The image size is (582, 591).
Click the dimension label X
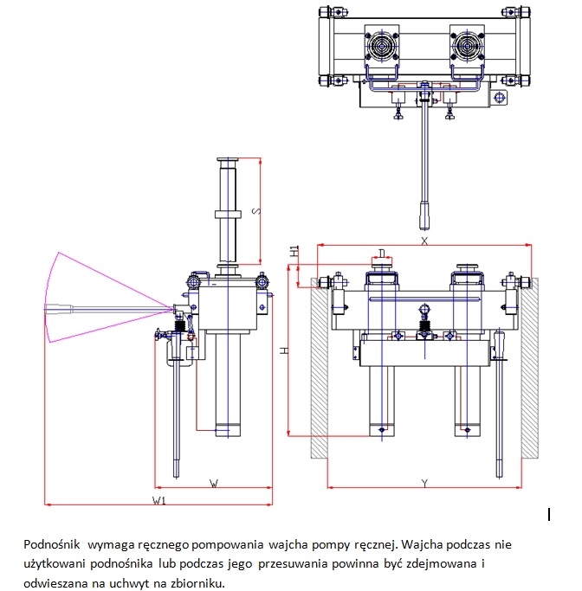point(424,241)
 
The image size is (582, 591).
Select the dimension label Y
point(424,480)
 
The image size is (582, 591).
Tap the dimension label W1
point(159,500)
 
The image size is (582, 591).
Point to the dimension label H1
point(295,252)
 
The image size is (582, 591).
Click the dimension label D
point(382,253)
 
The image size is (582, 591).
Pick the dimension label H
point(283,350)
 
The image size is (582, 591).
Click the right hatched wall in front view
point(529,368)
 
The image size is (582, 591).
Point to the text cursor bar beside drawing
point(550,515)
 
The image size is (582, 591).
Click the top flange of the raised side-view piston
point(229,161)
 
